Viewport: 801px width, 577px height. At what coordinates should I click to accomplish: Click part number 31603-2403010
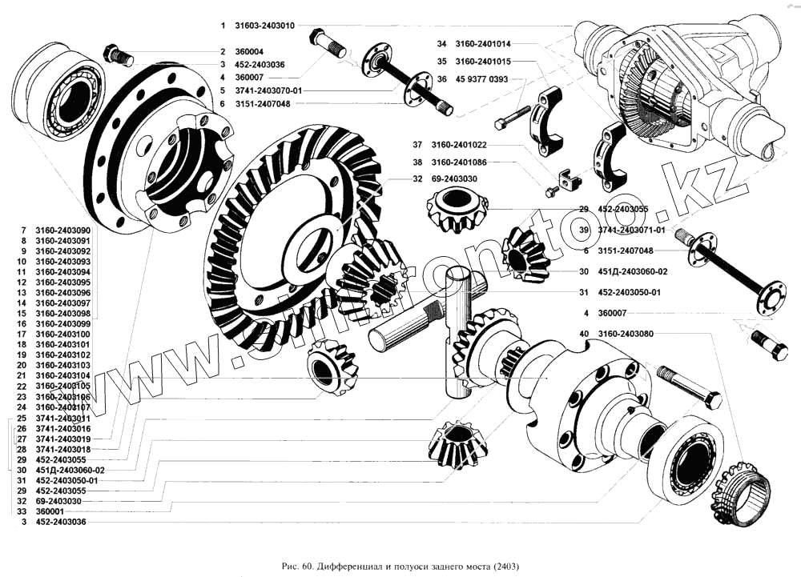tap(265, 26)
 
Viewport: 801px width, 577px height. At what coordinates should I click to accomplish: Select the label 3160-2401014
tap(481, 44)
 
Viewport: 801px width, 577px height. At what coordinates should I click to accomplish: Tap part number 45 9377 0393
tap(480, 79)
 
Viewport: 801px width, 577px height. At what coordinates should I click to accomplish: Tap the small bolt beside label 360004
tap(118, 57)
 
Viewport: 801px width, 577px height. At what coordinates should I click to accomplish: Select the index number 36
tap(442, 79)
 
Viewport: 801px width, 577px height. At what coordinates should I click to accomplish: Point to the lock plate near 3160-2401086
tap(567, 182)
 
